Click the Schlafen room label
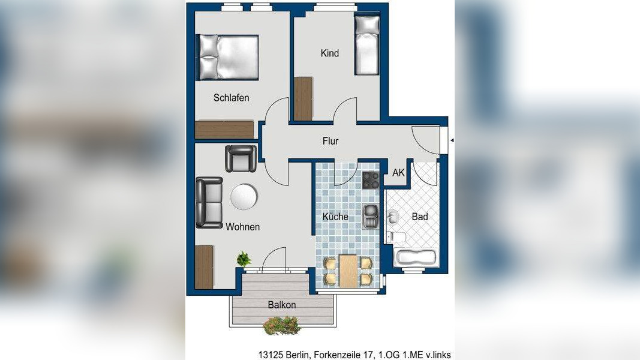[x=231, y=98]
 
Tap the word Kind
[x=330, y=53]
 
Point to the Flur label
[x=330, y=141]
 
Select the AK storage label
[x=398, y=173]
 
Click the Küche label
[x=335, y=217]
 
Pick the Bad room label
[x=420, y=217]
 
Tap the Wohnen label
[x=243, y=227]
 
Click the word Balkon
[x=282, y=304]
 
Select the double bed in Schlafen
[x=229, y=57]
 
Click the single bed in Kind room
[x=367, y=46]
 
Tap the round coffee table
[x=244, y=197]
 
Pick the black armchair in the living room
[x=241, y=159]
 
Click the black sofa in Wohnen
[x=209, y=202]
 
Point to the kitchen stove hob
[x=371, y=180]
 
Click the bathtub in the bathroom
[x=416, y=257]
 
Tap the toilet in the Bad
[x=395, y=237]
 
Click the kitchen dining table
[x=348, y=271]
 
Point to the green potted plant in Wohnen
[x=244, y=259]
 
